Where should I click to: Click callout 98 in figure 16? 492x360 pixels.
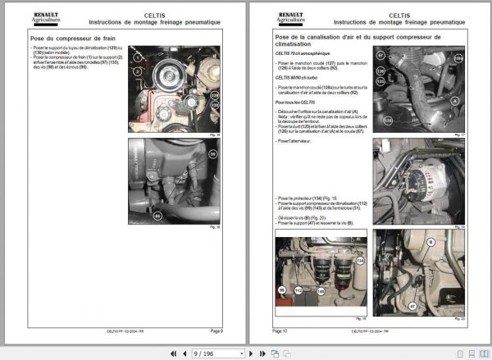(x=215, y=153)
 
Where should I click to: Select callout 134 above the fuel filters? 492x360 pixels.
(x=358, y=261)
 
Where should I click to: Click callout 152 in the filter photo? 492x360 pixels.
(x=298, y=290)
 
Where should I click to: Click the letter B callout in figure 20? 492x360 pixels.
(x=430, y=244)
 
